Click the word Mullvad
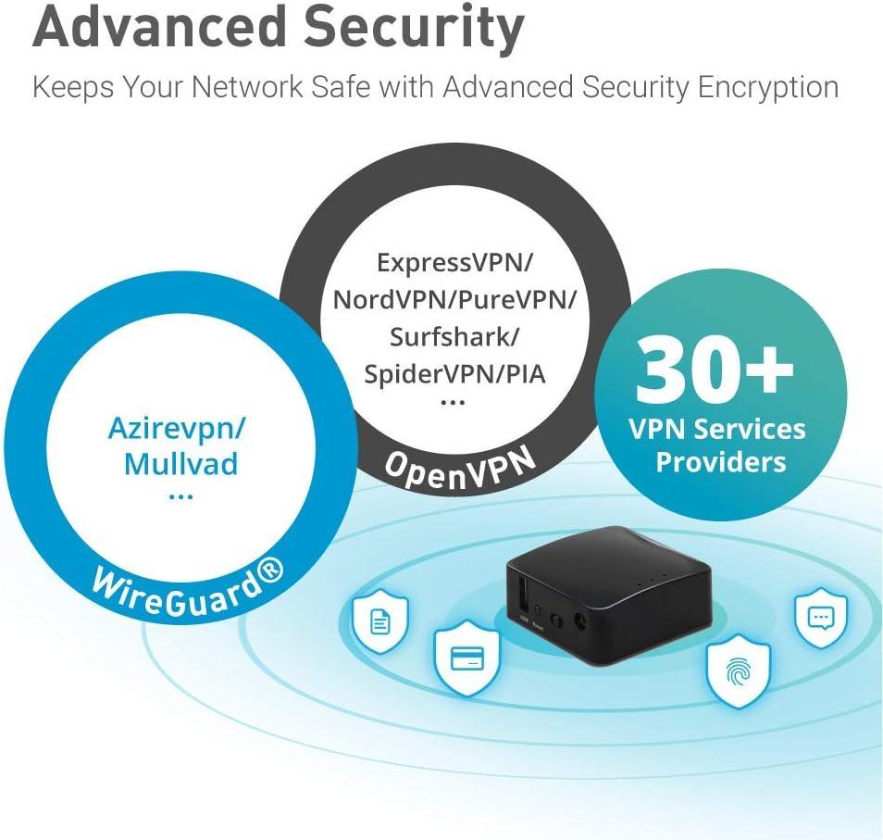click(181, 462)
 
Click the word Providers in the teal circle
click(720, 461)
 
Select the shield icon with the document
click(379, 621)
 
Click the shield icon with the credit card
click(460, 658)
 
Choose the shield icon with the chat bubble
click(821, 618)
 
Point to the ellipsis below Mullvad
click(181, 496)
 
